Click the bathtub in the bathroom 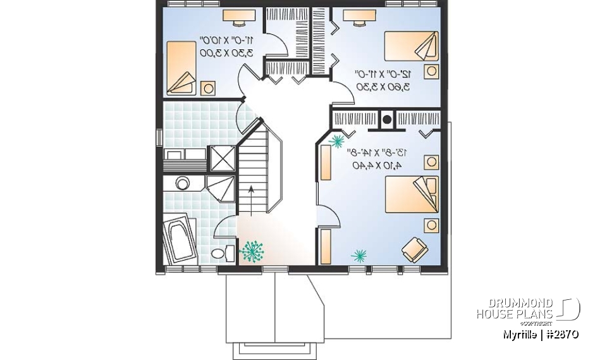[x=180, y=240]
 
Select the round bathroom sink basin [x=183, y=184]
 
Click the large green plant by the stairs [x=253, y=251]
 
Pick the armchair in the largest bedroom [x=414, y=247]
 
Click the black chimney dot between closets [x=386, y=118]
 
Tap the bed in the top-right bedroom [x=410, y=47]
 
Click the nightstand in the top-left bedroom [x=207, y=88]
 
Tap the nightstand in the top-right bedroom [x=431, y=71]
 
